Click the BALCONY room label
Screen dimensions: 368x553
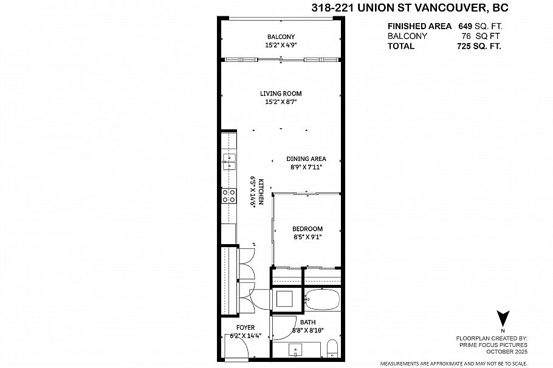(x=280, y=36)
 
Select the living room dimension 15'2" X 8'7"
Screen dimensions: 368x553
(x=280, y=102)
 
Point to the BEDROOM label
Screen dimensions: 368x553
(x=307, y=229)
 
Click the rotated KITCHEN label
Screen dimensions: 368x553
(x=260, y=192)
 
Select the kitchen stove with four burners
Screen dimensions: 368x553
(x=230, y=195)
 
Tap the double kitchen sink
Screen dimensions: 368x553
(x=229, y=161)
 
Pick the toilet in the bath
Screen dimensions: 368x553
(x=332, y=349)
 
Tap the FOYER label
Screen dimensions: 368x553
(x=246, y=327)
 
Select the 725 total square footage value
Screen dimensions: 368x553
(x=464, y=46)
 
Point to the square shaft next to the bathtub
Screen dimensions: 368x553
(x=286, y=299)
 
